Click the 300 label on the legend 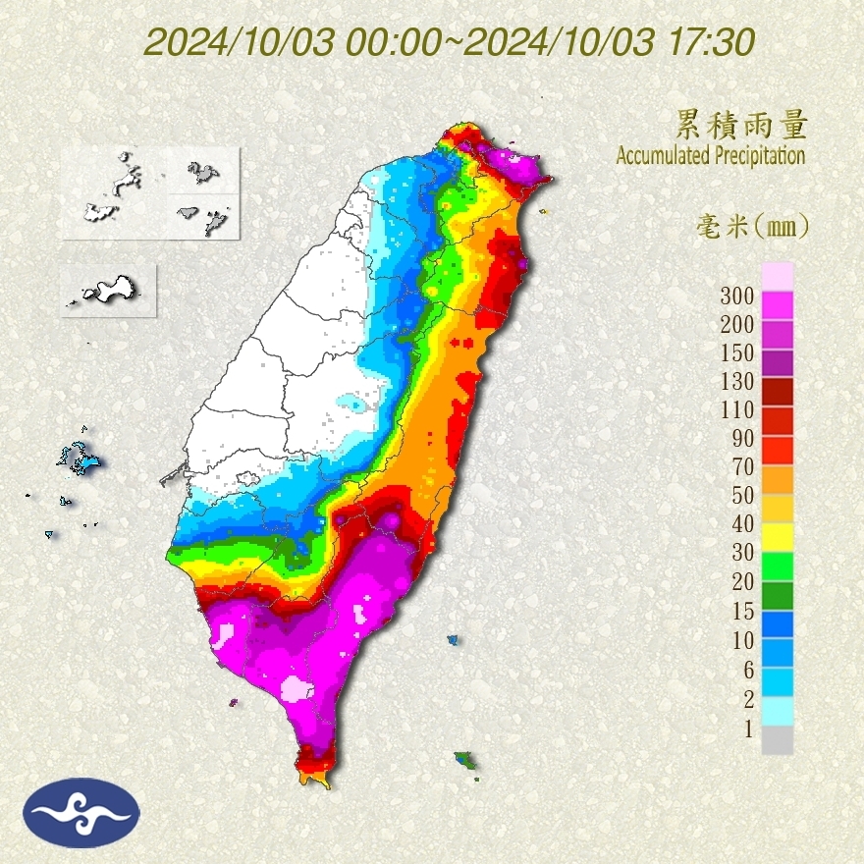pos(736,296)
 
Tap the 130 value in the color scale pos(736,381)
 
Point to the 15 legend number pos(741,611)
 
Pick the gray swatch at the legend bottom pos(777,740)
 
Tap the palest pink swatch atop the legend pos(777,276)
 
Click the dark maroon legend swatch pos(777,391)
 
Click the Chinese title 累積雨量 pos(741,125)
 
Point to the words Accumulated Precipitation pos(710,155)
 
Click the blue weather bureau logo pos(82,812)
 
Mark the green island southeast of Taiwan pos(465,760)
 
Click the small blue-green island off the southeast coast pos(453,639)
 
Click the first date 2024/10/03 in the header pos(241,42)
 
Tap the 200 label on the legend pos(736,324)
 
